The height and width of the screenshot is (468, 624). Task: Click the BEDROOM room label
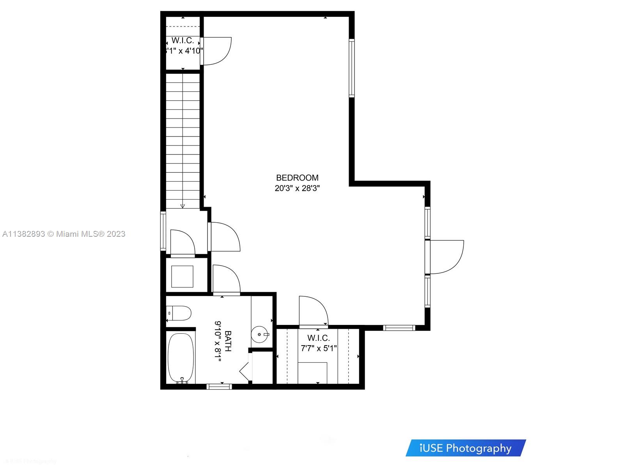297,178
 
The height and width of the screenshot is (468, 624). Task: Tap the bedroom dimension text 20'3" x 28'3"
297,188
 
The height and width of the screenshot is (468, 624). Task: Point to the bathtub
181,358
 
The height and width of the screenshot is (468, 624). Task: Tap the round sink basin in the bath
259,335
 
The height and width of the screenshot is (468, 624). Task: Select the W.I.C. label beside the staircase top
183,41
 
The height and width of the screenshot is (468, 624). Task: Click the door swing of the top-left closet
216,51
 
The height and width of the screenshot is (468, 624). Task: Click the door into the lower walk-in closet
313,311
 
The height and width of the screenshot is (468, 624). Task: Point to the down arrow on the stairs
183,206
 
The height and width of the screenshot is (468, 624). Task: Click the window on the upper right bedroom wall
351,68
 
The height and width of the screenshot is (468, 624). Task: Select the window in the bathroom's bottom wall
219,386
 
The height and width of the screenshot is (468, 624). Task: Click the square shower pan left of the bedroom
182,277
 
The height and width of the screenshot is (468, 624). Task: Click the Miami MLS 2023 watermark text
64,234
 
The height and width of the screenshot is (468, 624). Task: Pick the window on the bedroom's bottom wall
399,328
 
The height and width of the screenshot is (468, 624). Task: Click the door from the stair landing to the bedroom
224,237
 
